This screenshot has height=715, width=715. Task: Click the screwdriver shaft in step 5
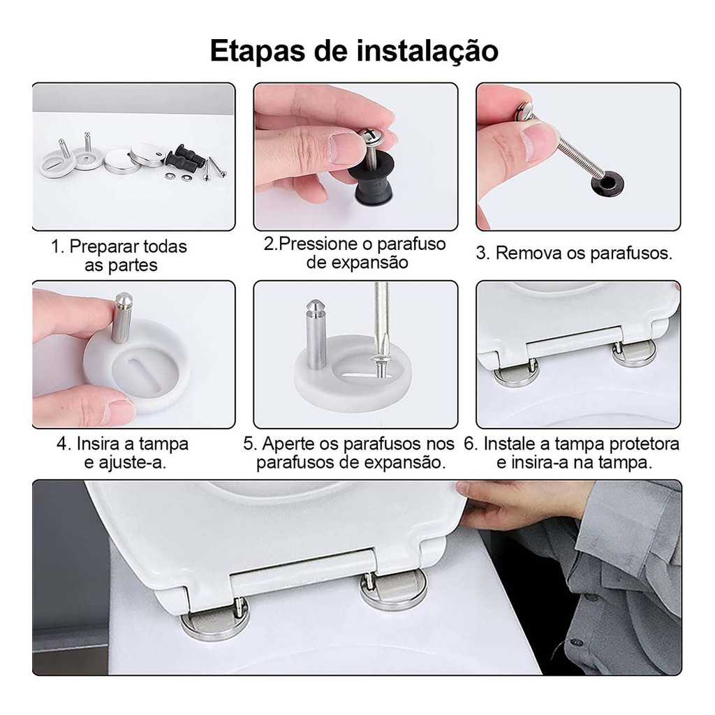(x=381, y=319)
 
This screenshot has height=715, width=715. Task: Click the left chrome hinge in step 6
(x=517, y=371)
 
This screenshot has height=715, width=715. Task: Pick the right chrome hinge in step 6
(x=634, y=352)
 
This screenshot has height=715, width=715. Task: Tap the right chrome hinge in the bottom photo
(x=392, y=590)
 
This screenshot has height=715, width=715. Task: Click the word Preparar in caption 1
(x=98, y=246)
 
